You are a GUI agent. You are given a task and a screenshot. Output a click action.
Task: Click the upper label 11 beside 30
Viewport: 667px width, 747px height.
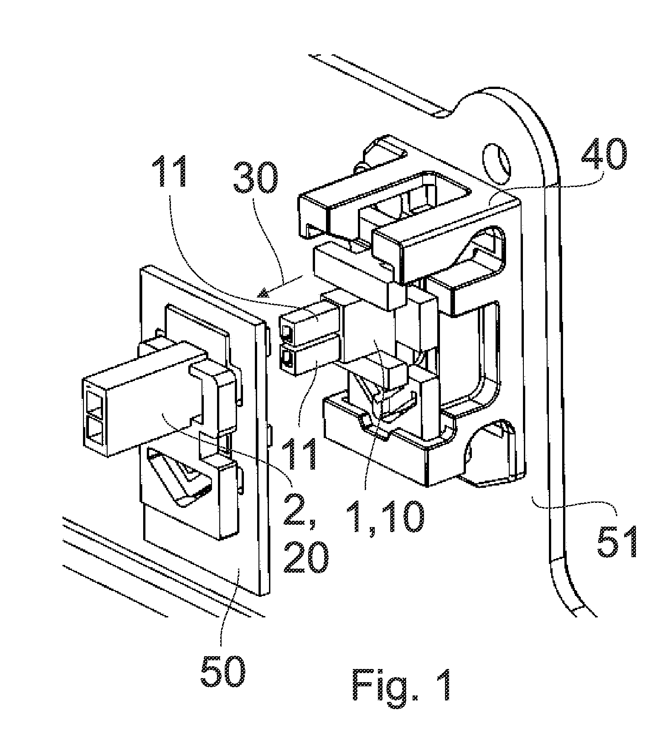(170, 171)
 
